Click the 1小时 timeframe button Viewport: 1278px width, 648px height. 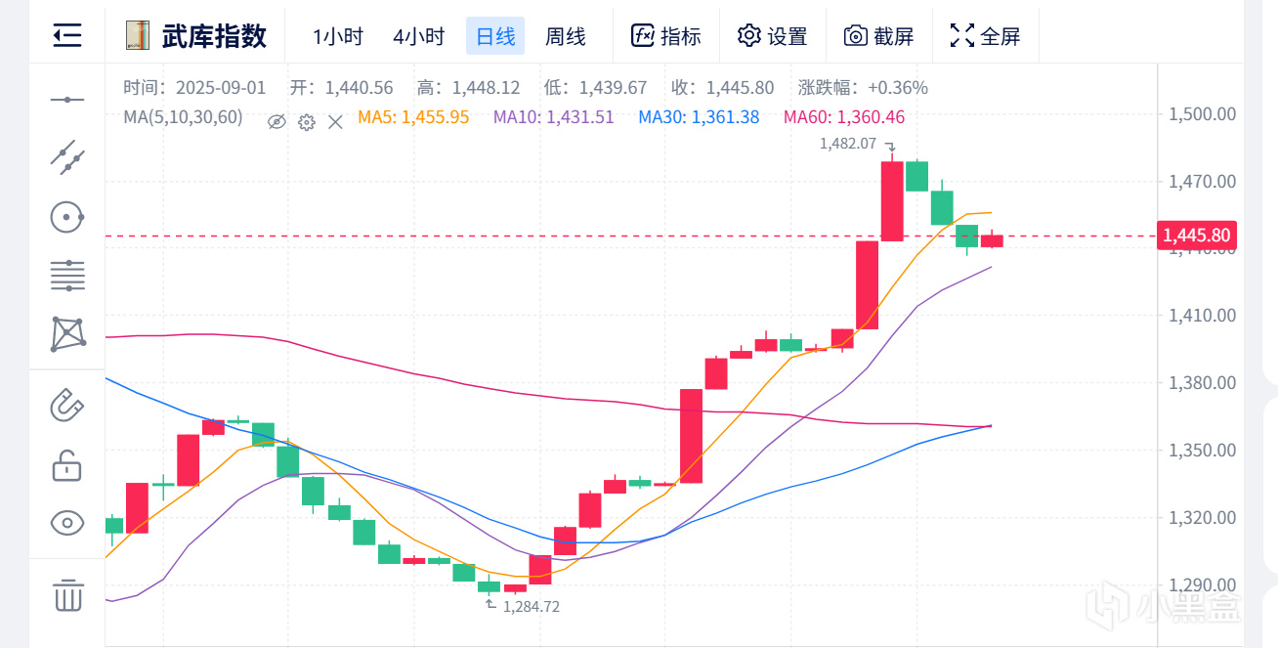[338, 36]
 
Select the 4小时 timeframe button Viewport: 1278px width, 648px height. [418, 36]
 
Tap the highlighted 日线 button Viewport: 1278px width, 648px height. [495, 36]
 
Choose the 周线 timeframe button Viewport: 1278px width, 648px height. [566, 36]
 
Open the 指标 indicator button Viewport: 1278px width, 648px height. [666, 36]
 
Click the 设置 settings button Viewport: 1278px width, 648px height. [772, 36]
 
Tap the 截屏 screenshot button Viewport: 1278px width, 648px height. [879, 36]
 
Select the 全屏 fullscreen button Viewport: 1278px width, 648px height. [985, 36]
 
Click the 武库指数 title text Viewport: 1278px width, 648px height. [214, 36]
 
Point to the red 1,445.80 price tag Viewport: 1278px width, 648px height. [1197, 236]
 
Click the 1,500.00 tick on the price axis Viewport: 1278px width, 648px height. [1203, 114]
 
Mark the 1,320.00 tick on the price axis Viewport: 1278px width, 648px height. [1203, 518]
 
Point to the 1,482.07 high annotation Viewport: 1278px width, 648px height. [847, 144]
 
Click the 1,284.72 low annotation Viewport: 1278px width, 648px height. [532, 607]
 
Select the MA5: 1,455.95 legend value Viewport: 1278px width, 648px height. [413, 117]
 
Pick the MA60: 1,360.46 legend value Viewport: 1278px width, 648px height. [843, 117]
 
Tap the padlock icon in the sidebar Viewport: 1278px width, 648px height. [67, 465]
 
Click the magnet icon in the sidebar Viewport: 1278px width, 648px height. [67, 404]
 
